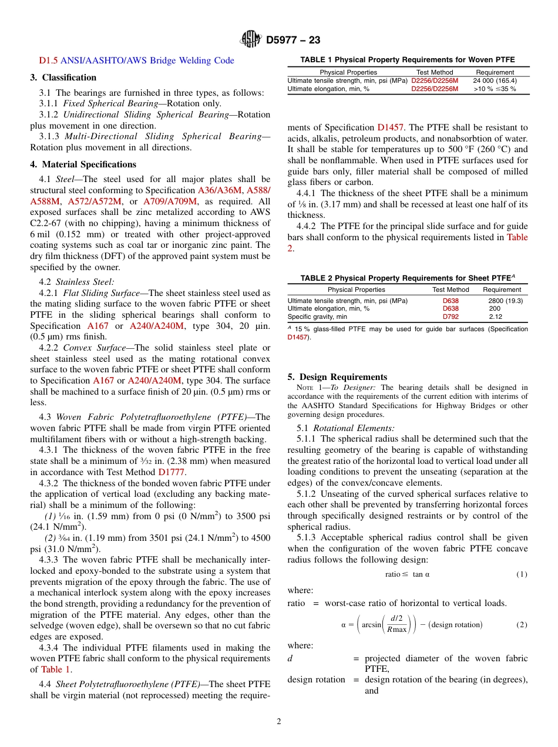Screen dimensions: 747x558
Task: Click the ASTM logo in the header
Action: click(251, 40)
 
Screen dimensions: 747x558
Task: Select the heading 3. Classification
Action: click(63, 78)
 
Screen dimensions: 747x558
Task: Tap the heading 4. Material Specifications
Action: click(83, 164)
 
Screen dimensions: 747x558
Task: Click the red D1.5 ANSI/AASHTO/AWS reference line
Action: click(136, 60)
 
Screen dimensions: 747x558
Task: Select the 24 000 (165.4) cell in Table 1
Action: click(495, 81)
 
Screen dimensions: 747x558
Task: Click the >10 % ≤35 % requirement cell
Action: click(495, 89)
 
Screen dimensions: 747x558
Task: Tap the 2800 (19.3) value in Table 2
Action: click(505, 301)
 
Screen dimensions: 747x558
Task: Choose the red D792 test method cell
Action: click(451, 317)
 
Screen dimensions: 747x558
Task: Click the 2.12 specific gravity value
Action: click(496, 317)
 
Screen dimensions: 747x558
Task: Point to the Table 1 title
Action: click(407, 60)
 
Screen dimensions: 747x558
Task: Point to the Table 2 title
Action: click(407, 278)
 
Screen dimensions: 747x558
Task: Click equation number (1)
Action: click(522, 574)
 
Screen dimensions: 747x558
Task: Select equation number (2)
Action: click(522, 624)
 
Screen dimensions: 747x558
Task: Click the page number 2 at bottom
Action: click(279, 721)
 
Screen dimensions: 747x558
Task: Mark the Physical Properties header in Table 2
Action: click(356, 290)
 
